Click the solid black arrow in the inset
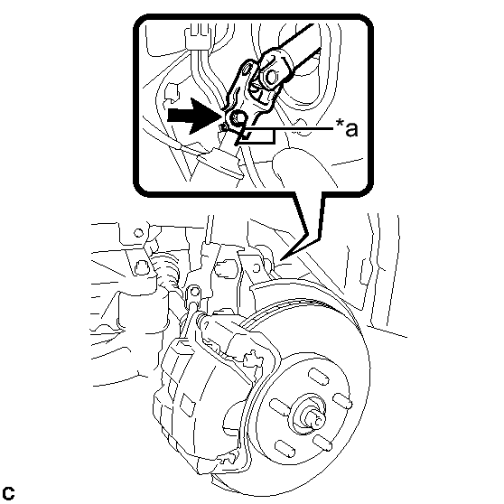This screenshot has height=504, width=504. [193, 116]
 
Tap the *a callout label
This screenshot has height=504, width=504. [347, 128]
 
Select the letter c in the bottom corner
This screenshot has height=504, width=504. [8, 493]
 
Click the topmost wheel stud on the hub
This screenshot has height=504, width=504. [319, 377]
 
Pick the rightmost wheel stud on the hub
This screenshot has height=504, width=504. [342, 401]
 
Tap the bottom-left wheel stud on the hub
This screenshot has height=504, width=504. [285, 449]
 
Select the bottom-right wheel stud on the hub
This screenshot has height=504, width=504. [322, 443]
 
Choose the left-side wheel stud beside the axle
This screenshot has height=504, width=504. [280, 407]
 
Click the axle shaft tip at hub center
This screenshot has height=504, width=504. [315, 419]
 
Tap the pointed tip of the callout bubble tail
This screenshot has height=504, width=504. [280, 259]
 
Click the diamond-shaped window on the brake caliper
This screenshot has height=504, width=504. [187, 404]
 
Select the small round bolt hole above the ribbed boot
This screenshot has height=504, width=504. [138, 232]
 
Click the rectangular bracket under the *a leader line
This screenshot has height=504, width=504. [257, 135]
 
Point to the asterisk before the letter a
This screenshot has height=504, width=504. [339, 123]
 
